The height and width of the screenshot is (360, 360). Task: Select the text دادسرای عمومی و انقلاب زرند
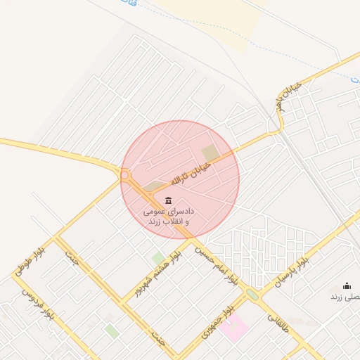[x=168, y=216]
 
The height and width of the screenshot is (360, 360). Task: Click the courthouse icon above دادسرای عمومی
[x=167, y=201]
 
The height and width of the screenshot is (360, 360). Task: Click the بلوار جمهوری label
[x=216, y=322]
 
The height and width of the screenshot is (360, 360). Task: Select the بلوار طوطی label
[x=31, y=260]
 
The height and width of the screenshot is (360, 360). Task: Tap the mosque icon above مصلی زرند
[x=347, y=285]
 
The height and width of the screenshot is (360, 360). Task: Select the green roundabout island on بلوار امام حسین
[x=252, y=295]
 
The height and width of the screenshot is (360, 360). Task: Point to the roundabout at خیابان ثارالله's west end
[x=127, y=176]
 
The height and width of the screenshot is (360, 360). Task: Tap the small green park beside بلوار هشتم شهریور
[x=157, y=258]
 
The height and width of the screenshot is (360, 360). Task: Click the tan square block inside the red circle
[x=210, y=153]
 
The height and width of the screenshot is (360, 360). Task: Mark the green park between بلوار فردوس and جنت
[x=112, y=330]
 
